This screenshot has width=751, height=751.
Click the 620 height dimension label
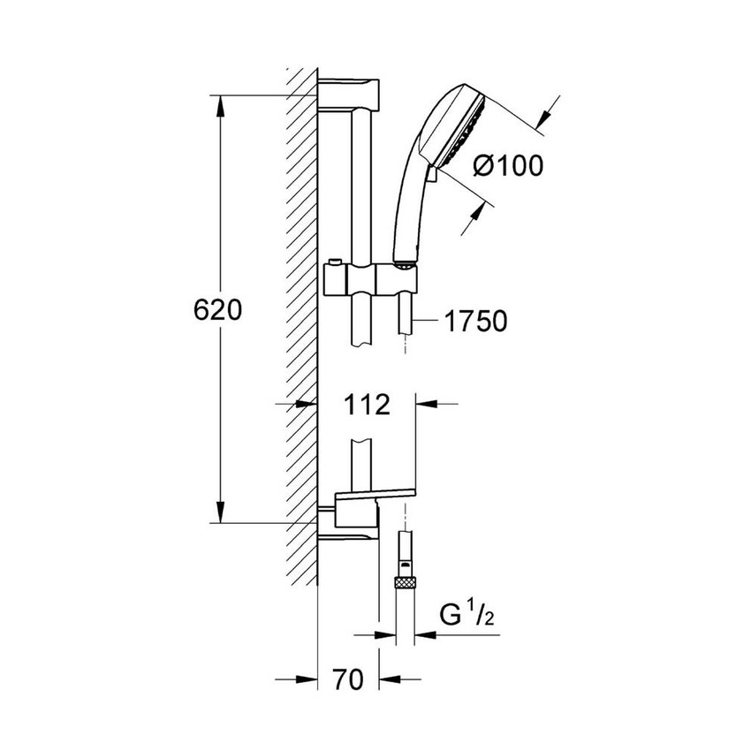coord(216,310)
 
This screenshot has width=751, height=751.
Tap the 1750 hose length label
coord(476,321)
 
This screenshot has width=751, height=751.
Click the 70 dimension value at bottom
coord(349,679)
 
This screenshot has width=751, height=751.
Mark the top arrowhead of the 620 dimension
coord(221,105)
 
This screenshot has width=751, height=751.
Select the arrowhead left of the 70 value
coord(307,679)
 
